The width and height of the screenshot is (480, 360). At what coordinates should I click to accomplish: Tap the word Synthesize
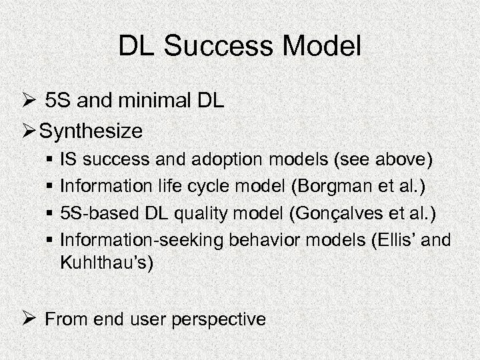pyautogui.click(x=91, y=131)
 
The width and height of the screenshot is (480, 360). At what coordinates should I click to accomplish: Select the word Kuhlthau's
pyautogui.click(x=107, y=262)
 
